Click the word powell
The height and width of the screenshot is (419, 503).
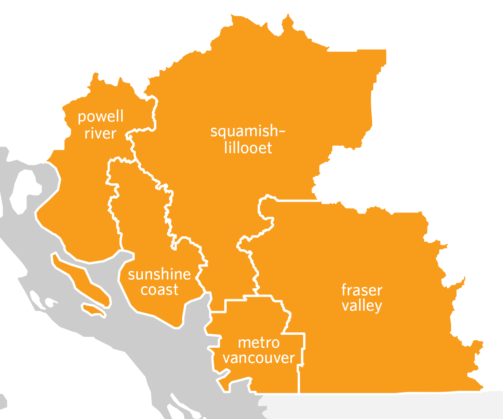[100, 117]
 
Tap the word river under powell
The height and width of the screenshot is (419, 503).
[100, 133]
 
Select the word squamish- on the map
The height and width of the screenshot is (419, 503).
[247, 131]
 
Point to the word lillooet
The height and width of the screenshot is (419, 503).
[248, 148]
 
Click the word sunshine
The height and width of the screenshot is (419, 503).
[159, 274]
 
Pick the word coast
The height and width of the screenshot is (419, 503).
[159, 290]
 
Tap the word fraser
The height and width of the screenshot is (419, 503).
[362, 290]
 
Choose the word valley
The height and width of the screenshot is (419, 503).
[362, 306]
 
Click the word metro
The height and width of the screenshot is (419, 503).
[259, 343]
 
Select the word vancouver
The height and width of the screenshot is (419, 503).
[259, 358]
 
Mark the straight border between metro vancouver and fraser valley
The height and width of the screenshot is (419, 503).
[299, 380]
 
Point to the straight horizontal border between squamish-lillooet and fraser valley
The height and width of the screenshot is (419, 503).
[299, 201]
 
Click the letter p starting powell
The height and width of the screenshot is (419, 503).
[81, 118]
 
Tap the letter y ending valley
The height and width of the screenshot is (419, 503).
[378, 307]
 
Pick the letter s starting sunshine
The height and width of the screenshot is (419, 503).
[131, 275]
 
